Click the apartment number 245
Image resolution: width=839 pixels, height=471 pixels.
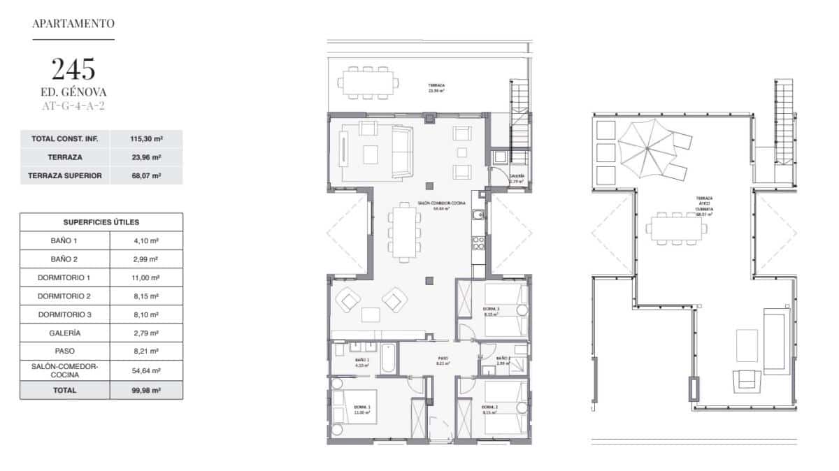(x=73, y=69)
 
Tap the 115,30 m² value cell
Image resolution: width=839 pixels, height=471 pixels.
(x=146, y=139)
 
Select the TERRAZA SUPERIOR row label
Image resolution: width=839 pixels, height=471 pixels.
(x=66, y=175)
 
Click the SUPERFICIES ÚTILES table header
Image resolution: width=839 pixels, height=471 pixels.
(x=101, y=222)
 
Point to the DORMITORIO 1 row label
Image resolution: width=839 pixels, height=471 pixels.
(x=65, y=277)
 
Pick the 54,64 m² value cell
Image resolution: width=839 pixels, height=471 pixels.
(x=146, y=370)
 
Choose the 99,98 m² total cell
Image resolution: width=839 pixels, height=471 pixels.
(x=146, y=391)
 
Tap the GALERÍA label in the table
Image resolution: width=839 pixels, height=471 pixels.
(x=65, y=333)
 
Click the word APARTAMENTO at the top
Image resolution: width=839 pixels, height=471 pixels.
(x=73, y=23)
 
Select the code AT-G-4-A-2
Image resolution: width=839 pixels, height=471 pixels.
(x=73, y=106)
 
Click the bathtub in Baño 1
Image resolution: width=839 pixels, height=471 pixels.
(x=389, y=358)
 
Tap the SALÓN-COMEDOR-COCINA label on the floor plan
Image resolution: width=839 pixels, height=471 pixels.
(x=433, y=205)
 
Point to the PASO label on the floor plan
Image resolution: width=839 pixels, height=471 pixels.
(x=442, y=361)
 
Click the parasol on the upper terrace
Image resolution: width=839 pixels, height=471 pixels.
(x=647, y=145)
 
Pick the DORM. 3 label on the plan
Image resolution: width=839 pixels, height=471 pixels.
(x=491, y=311)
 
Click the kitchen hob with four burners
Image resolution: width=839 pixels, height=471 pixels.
(x=480, y=243)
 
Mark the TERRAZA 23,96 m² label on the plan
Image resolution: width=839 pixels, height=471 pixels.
(x=437, y=88)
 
